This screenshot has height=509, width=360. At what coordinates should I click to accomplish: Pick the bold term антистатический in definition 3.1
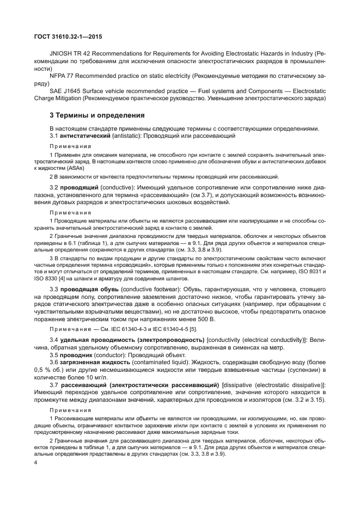(85, 134)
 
